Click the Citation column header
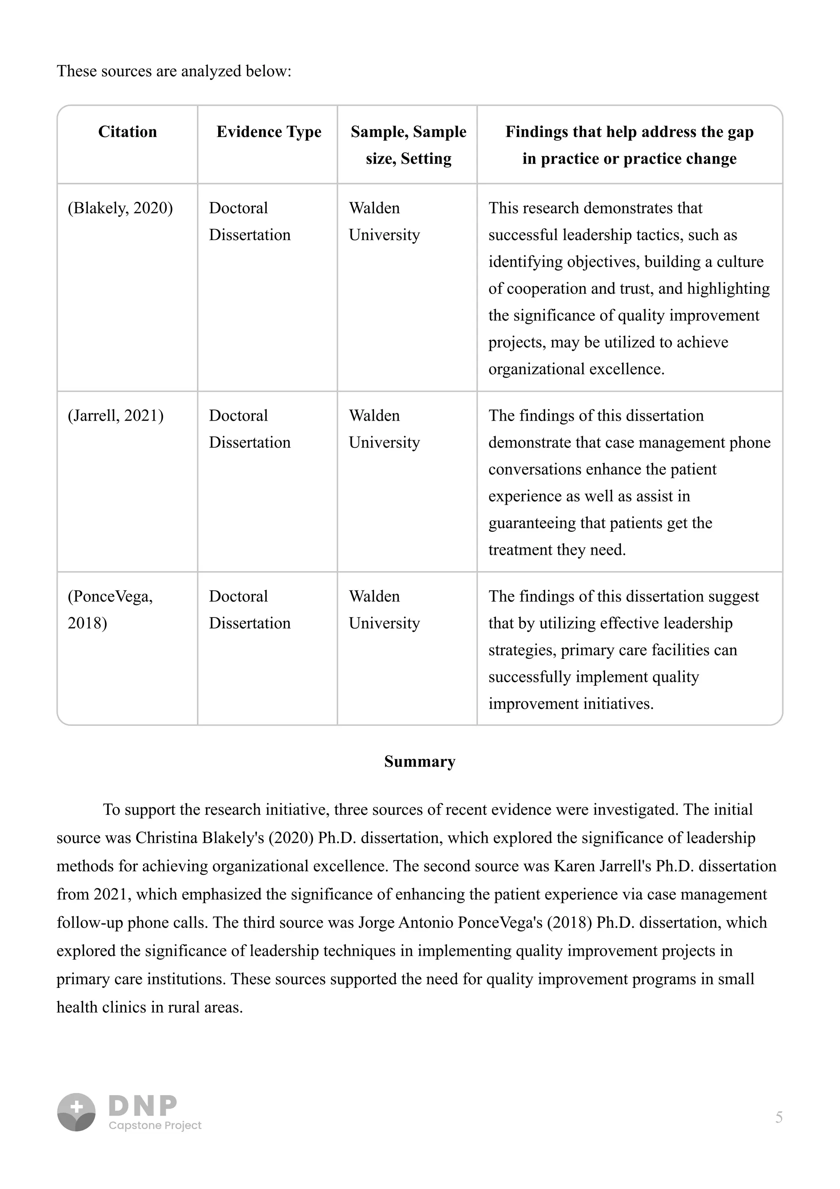(127, 132)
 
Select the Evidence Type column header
(269, 132)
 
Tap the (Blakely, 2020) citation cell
(120, 208)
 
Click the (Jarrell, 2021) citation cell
(115, 416)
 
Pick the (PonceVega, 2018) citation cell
(110, 610)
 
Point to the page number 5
(778, 1118)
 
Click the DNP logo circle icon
(76, 1112)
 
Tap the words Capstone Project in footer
(155, 1125)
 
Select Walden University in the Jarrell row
(384, 429)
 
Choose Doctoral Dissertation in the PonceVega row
(249, 610)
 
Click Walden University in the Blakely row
(384, 221)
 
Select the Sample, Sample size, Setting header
(409, 145)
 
